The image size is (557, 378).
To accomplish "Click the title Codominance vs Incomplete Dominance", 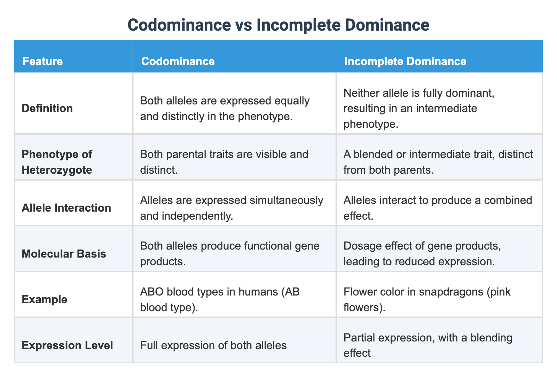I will pyautogui.click(x=278, y=25).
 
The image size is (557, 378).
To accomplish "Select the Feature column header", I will pyautogui.click(x=42, y=61).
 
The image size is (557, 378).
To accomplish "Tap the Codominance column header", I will pyautogui.click(x=178, y=61).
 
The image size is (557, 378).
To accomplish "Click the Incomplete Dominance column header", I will pyautogui.click(x=405, y=61).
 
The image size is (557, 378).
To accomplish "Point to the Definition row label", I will pyautogui.click(x=47, y=108).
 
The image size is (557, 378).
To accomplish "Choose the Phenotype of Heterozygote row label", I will pyautogui.click(x=57, y=162).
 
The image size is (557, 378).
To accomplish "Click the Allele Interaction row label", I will pyautogui.click(x=66, y=208).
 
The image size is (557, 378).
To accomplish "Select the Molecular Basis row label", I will pyautogui.click(x=64, y=253).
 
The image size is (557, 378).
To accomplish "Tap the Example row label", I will pyautogui.click(x=44, y=299).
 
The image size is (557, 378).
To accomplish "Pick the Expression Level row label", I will pyautogui.click(x=67, y=345).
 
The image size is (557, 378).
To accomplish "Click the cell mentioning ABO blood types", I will pyautogui.click(x=220, y=299).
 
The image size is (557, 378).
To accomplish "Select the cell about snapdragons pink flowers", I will pyautogui.click(x=427, y=299).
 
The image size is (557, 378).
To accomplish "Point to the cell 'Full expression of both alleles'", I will pyautogui.click(x=213, y=345).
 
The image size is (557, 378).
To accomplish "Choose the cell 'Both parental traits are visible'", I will pyautogui.click(x=224, y=162).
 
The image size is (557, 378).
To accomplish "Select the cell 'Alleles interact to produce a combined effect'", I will pyautogui.click(x=438, y=208).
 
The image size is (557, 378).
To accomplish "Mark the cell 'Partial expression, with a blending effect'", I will pyautogui.click(x=427, y=345).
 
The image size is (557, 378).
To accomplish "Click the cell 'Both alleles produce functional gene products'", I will pyautogui.click(x=229, y=253).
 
